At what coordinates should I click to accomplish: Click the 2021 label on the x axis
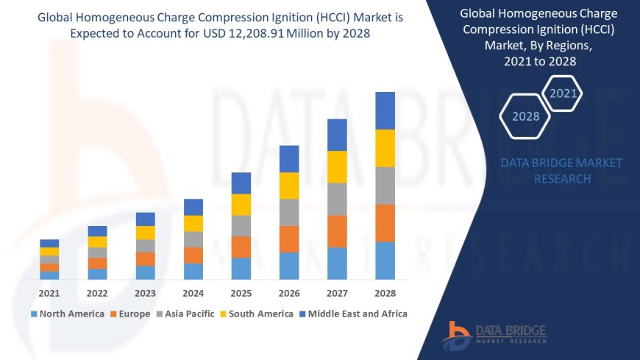[x=49, y=293]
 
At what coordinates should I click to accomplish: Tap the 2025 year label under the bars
[x=241, y=293]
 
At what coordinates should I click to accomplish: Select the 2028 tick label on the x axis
[x=385, y=293]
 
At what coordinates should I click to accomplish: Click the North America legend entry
[x=67, y=314]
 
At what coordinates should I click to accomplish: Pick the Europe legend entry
[x=132, y=314]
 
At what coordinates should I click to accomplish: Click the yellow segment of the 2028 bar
[x=385, y=148]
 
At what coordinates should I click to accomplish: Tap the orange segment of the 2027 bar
[x=337, y=231]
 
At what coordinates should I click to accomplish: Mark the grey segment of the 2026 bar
[x=289, y=212]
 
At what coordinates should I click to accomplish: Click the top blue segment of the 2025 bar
[x=241, y=183]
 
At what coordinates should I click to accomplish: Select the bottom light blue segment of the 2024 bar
[x=193, y=272]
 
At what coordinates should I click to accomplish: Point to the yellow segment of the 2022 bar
[x=97, y=241]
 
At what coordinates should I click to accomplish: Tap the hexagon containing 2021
[x=563, y=93]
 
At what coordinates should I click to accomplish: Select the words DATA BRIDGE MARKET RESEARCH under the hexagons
[x=561, y=171]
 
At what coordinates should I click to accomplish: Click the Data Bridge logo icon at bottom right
[x=457, y=336]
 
